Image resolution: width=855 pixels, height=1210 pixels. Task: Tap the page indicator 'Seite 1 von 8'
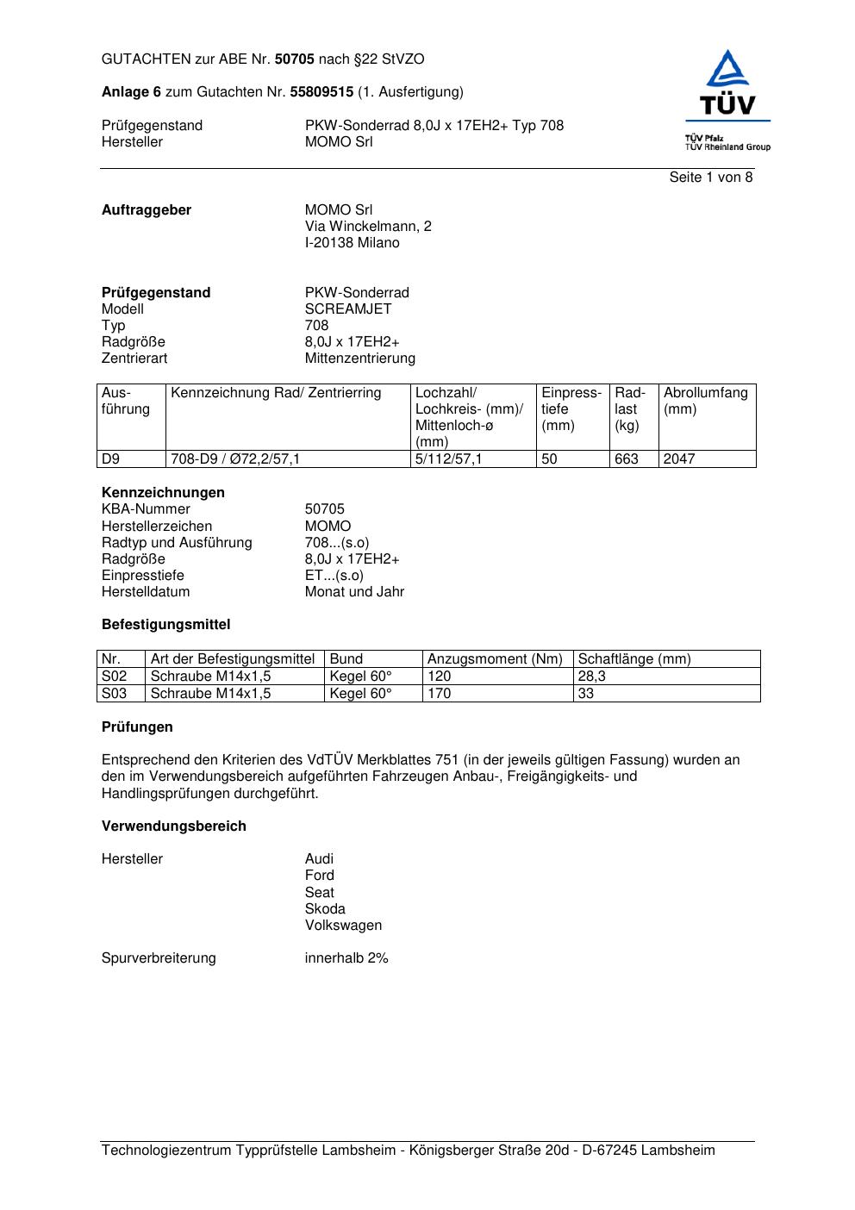coord(710,178)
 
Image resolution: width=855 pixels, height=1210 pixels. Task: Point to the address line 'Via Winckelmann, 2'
coord(368,227)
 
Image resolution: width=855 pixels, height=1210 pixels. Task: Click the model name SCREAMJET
coord(348,309)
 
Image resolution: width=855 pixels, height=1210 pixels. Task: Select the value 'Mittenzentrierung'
coord(359,359)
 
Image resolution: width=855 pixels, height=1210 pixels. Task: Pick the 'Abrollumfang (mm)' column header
coord(705,401)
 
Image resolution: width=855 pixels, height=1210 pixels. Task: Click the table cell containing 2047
coord(678,459)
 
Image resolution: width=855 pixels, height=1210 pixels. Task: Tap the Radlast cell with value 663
coord(627,459)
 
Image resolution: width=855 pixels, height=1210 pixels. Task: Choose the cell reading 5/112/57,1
coord(448,459)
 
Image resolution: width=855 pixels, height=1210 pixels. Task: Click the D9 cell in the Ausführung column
coord(111,459)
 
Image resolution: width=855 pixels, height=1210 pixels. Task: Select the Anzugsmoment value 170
coord(440,694)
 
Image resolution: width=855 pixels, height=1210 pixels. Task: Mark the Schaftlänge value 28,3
coord(591,677)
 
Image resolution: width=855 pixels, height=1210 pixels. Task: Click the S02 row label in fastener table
coord(114,677)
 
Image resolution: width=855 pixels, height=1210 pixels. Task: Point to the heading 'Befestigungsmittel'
coord(165,625)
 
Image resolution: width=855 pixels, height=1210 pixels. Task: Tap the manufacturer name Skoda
coord(325,909)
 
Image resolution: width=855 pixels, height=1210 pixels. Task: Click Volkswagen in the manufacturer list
coord(343,926)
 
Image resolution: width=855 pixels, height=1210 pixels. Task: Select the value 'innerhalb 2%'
coord(346,958)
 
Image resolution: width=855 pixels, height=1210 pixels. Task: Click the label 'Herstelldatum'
coord(146,592)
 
